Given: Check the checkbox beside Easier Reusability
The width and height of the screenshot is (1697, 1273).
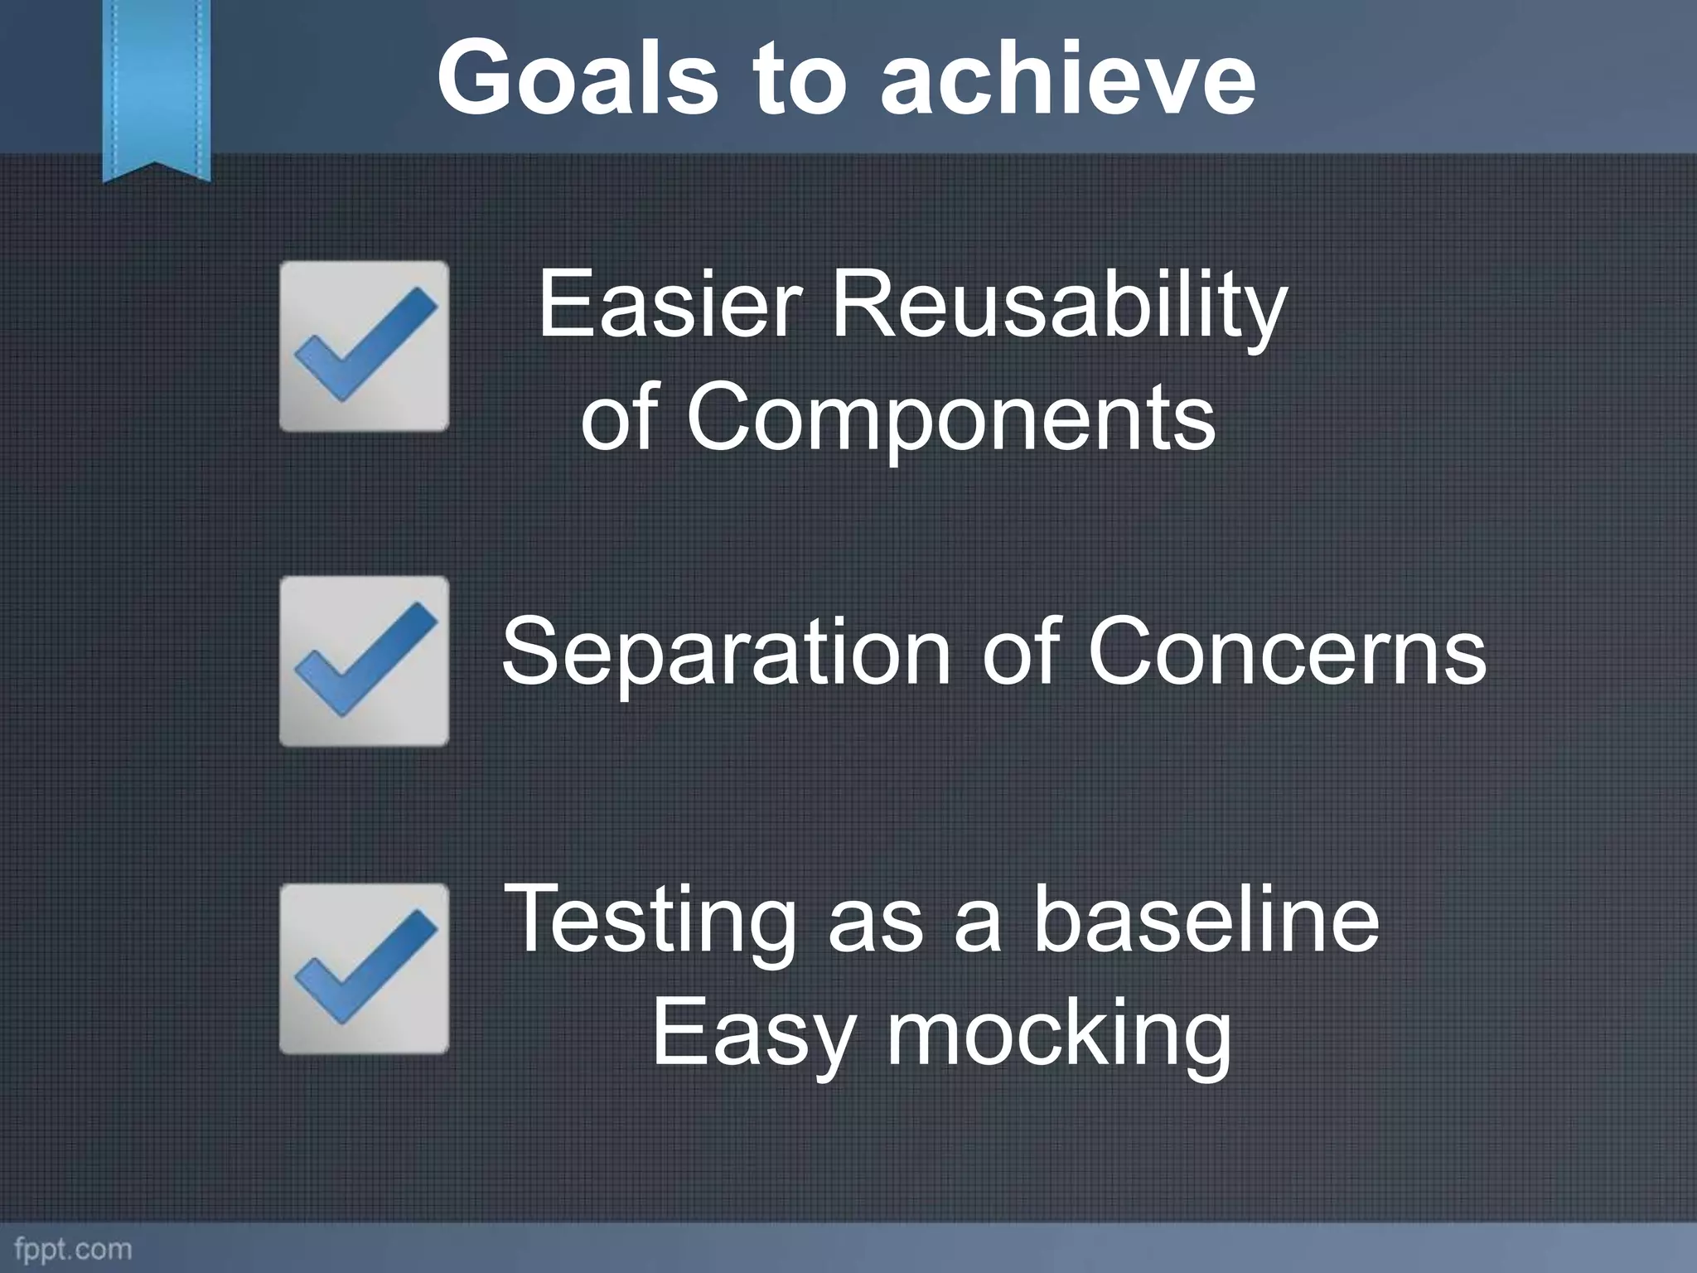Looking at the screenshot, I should click(x=364, y=346).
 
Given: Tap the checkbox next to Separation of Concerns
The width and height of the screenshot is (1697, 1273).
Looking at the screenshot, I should click(x=364, y=661).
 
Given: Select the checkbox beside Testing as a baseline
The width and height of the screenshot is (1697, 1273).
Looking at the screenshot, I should click(x=364, y=968).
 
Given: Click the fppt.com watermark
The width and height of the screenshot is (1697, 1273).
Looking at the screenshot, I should click(x=73, y=1248).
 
